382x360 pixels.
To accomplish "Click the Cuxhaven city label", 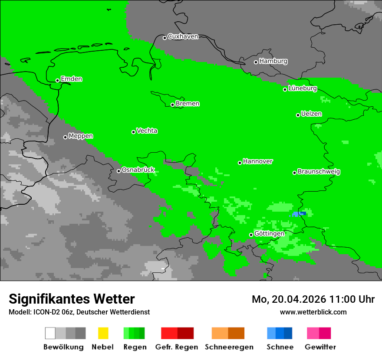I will [183, 36].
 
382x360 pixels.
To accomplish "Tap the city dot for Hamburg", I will [256, 62].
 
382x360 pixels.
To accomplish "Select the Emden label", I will [71, 79].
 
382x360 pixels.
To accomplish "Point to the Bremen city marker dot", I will [172, 105].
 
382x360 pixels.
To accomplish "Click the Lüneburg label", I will [303, 88].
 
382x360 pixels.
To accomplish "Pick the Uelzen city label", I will [311, 114].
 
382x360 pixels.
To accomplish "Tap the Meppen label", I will [81, 136].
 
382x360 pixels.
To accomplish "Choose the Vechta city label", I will [147, 131].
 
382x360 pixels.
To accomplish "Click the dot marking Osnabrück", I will [119, 171].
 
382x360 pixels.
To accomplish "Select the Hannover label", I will [258, 161].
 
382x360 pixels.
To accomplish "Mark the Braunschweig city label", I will [319, 172].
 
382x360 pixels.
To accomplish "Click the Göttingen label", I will [269, 234].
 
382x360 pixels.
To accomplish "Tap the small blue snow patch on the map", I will [299, 214].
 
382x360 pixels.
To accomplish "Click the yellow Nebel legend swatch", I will [103, 333].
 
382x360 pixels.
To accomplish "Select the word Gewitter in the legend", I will [320, 347].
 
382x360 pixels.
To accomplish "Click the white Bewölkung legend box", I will [50, 333].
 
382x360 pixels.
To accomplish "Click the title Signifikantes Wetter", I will [72, 299].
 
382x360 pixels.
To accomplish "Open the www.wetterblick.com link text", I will [313, 312].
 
